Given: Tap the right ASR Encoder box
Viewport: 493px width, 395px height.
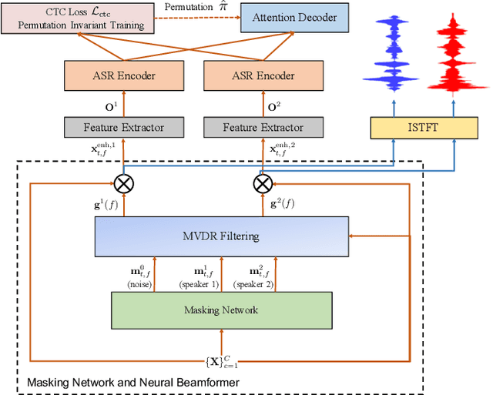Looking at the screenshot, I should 263,75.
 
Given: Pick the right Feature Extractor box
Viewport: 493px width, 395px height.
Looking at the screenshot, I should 263,127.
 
